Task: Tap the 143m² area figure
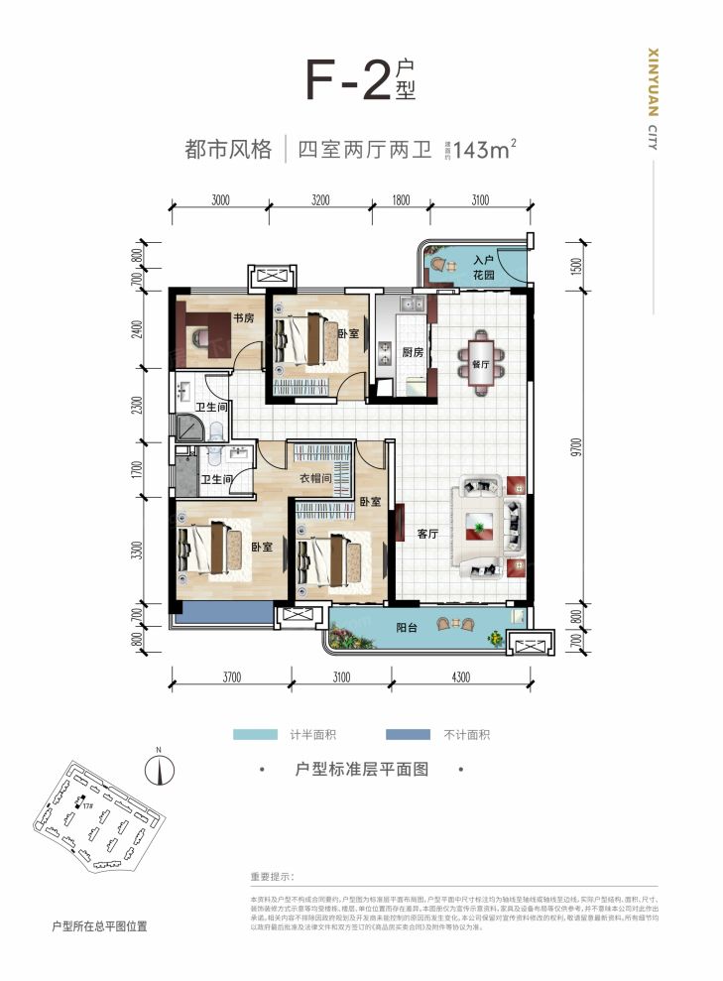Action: pos(483,151)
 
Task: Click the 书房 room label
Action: pos(244,318)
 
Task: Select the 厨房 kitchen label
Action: pos(413,352)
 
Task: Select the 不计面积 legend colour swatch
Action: pos(408,735)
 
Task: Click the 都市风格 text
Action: pos(228,151)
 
